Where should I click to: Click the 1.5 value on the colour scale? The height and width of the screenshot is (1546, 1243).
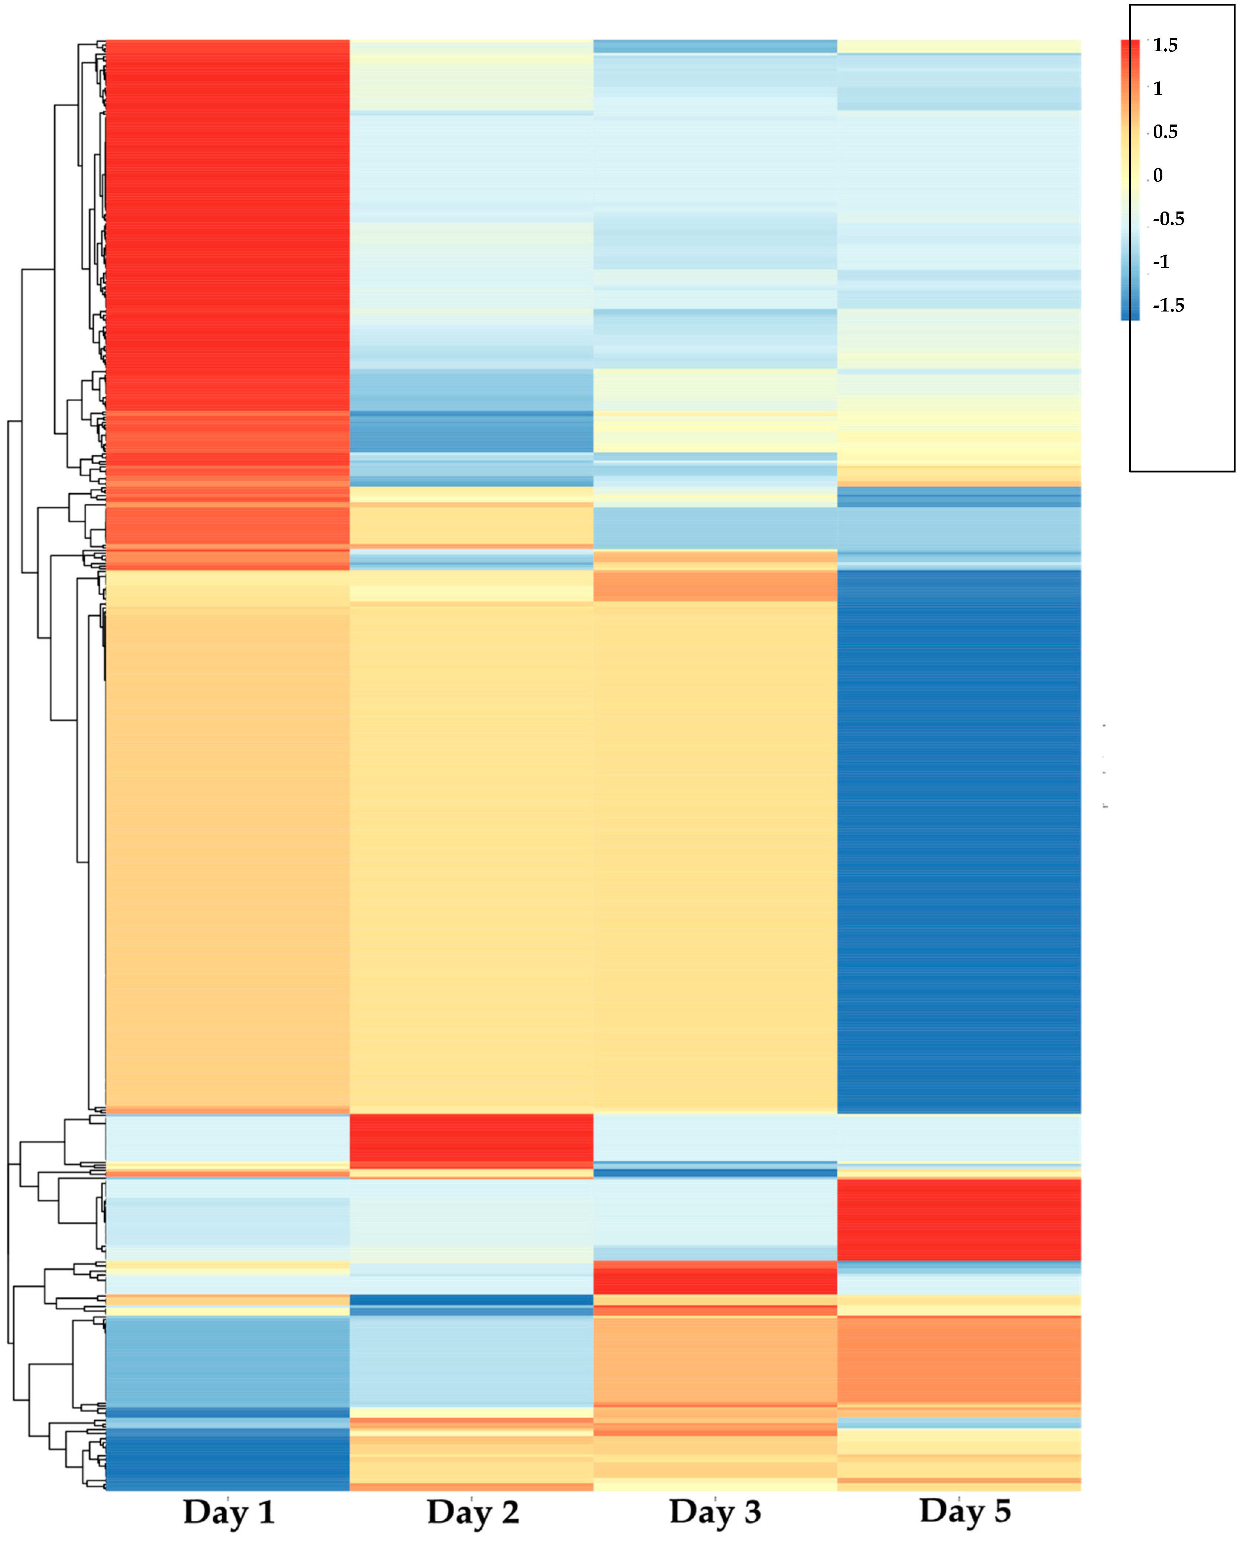click(x=1165, y=45)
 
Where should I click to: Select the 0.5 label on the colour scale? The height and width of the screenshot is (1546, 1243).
click(x=1165, y=132)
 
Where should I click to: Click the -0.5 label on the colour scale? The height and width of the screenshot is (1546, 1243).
click(x=1168, y=219)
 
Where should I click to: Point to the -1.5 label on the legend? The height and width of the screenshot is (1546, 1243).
click(x=1168, y=306)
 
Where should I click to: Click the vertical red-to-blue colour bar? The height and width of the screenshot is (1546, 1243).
click(x=1130, y=179)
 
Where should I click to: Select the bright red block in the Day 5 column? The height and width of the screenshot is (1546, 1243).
click(x=958, y=1219)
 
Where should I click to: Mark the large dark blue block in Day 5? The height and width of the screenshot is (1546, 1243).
click(x=958, y=839)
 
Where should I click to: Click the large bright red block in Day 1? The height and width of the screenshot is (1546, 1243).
click(x=227, y=215)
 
